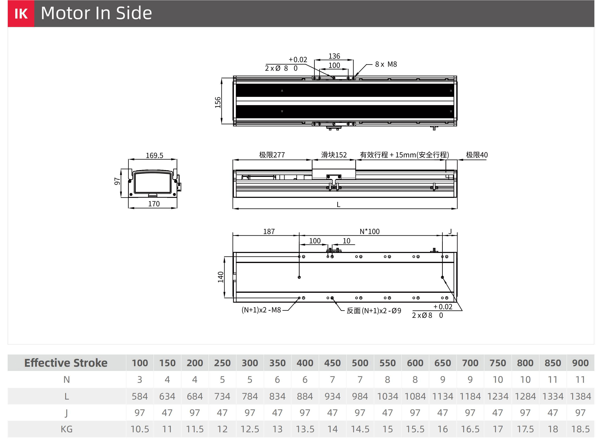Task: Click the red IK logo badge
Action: tap(21, 13)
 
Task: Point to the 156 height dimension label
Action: tap(218, 102)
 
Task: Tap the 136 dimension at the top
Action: tap(334, 56)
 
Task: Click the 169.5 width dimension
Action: tap(154, 155)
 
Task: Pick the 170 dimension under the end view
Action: tap(154, 204)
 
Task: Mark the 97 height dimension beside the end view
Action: tap(117, 181)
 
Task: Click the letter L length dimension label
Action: tap(338, 205)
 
